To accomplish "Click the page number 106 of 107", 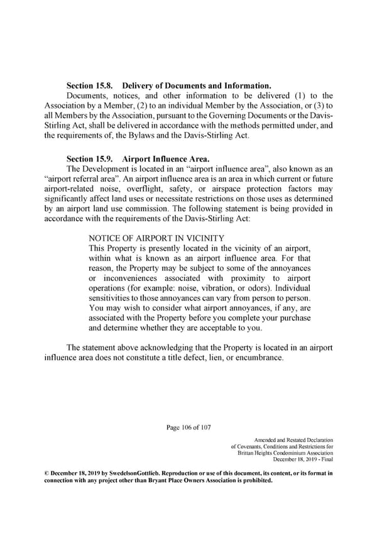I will click(x=188, y=429).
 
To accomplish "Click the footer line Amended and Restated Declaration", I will click(x=293, y=439).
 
